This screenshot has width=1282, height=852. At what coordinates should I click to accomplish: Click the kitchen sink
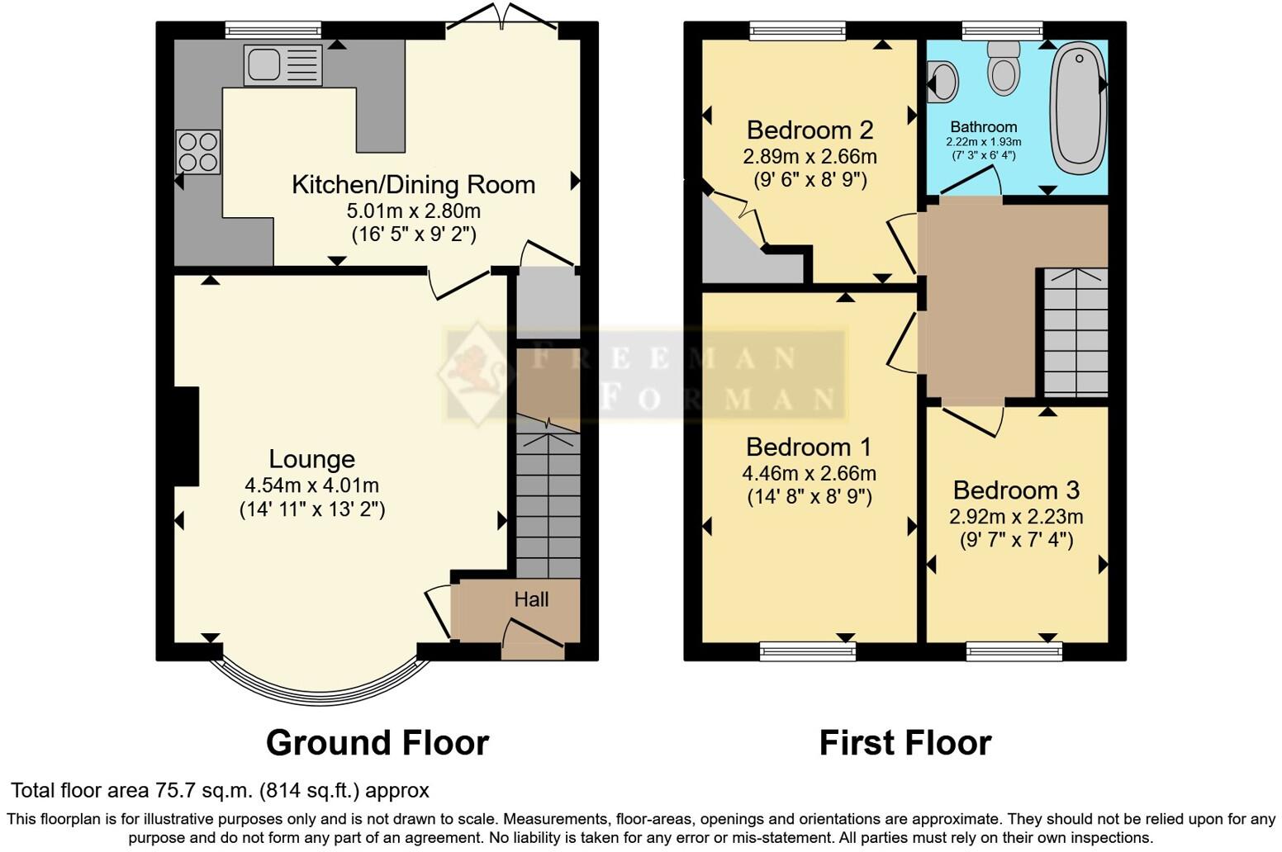pyautogui.click(x=283, y=65)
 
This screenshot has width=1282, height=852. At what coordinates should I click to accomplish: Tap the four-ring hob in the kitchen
pyautogui.click(x=198, y=152)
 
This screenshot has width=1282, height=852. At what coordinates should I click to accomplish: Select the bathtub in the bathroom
pyautogui.click(x=1077, y=107)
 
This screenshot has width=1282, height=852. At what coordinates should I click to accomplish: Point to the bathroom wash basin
pyautogui.click(x=942, y=83)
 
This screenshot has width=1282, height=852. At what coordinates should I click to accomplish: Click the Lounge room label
pyautogui.click(x=311, y=459)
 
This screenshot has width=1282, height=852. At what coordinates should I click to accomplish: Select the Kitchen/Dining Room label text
pyautogui.click(x=413, y=184)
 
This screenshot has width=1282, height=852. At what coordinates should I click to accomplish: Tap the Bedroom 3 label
pyautogui.click(x=1016, y=490)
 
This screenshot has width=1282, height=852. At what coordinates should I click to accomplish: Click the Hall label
pyautogui.click(x=531, y=599)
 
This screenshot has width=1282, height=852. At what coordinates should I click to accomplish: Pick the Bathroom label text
pyautogui.click(x=983, y=127)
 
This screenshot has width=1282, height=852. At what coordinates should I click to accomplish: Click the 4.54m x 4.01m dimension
pyautogui.click(x=311, y=485)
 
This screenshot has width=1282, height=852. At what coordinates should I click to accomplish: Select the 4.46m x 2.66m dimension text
pyautogui.click(x=809, y=474)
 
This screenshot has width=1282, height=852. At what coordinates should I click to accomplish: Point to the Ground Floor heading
pyautogui.click(x=377, y=743)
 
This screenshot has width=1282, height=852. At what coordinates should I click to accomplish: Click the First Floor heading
pyautogui.click(x=905, y=743)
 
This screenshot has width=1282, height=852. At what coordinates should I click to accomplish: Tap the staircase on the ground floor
pyautogui.click(x=548, y=504)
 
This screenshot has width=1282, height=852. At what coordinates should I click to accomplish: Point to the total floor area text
pyautogui.click(x=220, y=791)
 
